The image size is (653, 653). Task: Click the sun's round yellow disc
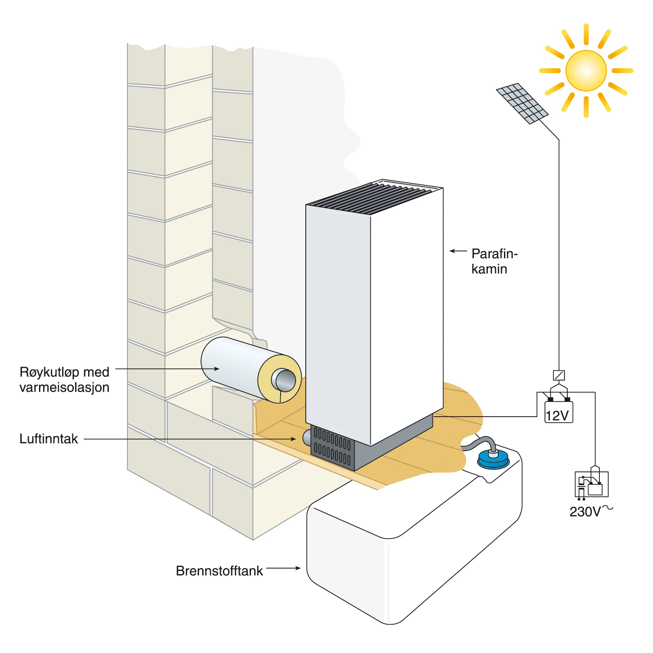tap(586, 71)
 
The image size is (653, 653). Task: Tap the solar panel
tap(522, 103)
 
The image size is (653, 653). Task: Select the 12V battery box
tap(558, 413)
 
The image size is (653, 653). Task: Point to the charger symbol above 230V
tap(591, 484)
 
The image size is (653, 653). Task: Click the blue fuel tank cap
tap(493, 460)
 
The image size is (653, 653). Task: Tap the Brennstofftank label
tap(219, 571)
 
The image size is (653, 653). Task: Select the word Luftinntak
tap(49, 439)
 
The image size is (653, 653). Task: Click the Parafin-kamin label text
tap(494, 261)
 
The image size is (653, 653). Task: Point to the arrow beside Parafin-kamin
tap(458, 251)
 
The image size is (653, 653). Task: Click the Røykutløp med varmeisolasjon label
tap(65, 379)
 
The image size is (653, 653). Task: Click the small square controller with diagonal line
tap(559, 375)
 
